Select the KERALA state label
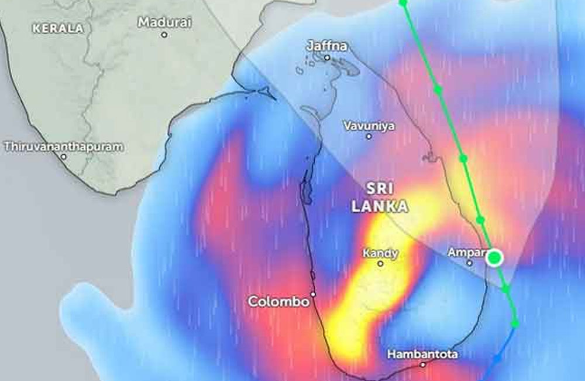coord(58,28)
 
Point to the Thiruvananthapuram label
coord(64,147)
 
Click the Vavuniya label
coord(369,125)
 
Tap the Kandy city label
coord(380,253)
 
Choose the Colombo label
coord(278,301)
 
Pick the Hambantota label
coord(422,354)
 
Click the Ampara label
coord(467,253)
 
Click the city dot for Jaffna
coord(327,57)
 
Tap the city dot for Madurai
coord(164,35)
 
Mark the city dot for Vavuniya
coord(369,137)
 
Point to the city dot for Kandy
coord(380,264)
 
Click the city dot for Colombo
coord(314,294)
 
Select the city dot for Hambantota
coord(423,365)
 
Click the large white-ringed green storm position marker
coord(495,257)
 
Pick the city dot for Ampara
coord(469,263)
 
